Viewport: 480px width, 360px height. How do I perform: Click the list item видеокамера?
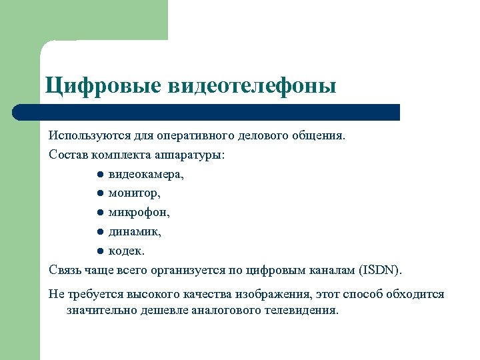(146, 174)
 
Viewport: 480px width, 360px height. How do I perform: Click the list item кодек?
(126, 251)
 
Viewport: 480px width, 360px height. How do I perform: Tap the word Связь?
(64, 271)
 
